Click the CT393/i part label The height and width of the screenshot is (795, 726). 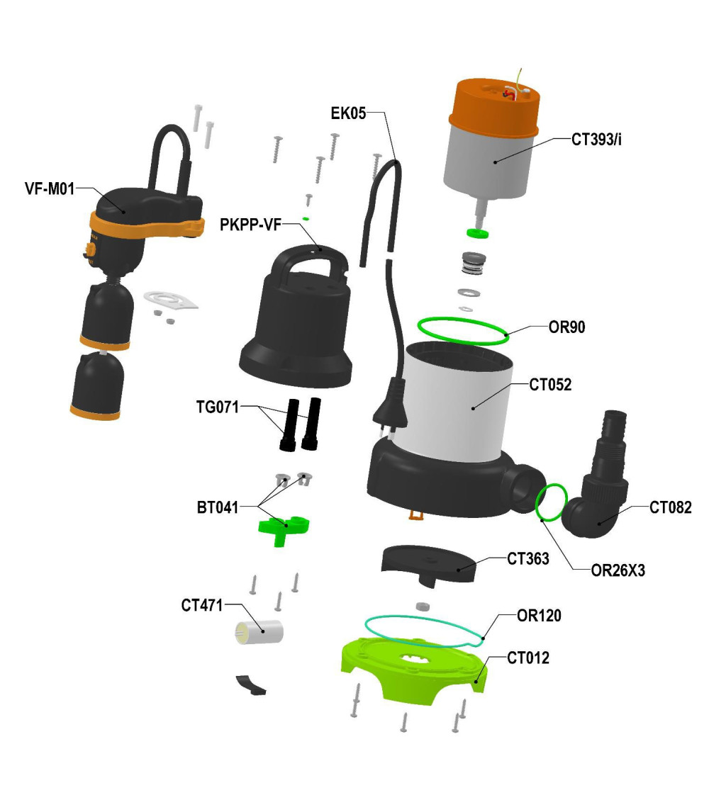596,140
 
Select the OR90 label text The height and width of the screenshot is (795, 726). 566,327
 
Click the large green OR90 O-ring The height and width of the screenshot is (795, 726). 463,343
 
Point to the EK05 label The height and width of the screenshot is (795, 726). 348,113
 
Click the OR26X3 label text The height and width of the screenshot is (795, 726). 618,570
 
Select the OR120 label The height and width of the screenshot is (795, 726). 539,616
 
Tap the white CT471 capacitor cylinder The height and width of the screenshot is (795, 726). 259,632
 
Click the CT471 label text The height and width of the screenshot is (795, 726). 202,605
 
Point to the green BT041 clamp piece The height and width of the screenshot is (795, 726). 283,529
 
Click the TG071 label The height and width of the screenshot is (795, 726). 217,407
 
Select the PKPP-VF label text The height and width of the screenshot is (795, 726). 250,224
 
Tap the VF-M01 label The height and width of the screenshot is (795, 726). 50,188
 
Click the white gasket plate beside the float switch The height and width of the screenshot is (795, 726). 171,300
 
